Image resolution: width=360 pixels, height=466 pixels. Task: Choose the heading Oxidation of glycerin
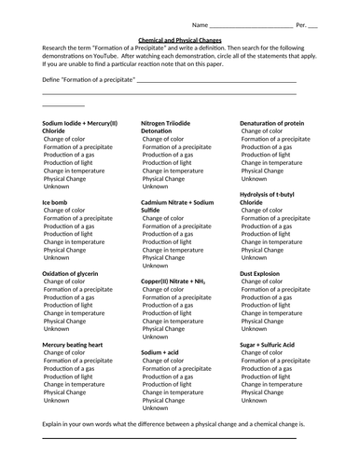click(x=75, y=273)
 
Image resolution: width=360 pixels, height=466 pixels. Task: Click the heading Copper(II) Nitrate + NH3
click(x=173, y=281)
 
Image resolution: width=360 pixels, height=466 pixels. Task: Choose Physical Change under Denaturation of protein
click(x=262, y=171)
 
